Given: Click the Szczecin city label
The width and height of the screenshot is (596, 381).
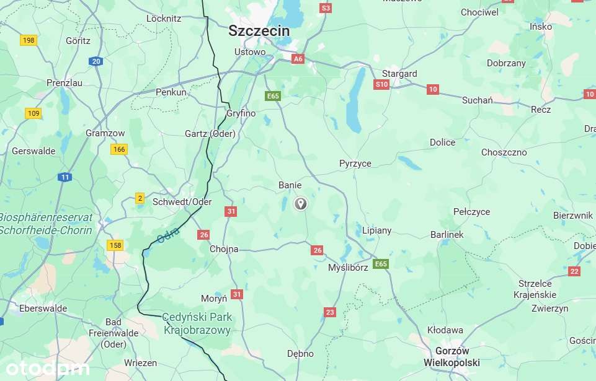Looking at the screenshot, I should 259,30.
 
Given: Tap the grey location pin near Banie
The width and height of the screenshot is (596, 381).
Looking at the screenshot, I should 300,203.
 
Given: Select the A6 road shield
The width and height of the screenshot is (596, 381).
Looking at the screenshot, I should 298,59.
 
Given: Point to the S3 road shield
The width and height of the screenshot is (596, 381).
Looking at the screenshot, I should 326,8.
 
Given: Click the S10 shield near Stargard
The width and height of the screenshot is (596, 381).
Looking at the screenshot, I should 381,84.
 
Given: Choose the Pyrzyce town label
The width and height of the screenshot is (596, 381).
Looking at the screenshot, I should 355,164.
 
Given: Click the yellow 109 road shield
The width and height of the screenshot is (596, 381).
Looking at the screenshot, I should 33,113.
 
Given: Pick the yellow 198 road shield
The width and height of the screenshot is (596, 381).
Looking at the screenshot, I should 29,40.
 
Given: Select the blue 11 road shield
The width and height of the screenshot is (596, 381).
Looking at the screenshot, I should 65,177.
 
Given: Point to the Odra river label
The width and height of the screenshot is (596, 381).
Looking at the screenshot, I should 168,235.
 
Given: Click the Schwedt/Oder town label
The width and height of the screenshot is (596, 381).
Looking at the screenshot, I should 182,202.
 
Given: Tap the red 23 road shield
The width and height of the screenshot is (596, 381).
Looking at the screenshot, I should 329,312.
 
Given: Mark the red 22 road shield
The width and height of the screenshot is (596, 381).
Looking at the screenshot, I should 574,271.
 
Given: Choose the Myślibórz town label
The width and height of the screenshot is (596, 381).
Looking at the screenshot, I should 348,267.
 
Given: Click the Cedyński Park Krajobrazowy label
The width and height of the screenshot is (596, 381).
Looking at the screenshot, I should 197,323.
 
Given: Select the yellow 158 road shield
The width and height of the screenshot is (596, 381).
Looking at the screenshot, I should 115,245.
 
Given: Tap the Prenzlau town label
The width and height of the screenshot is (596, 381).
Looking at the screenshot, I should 65,82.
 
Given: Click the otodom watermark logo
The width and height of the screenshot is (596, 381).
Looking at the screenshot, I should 47,369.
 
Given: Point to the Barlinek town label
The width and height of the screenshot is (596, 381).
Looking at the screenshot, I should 447,235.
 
